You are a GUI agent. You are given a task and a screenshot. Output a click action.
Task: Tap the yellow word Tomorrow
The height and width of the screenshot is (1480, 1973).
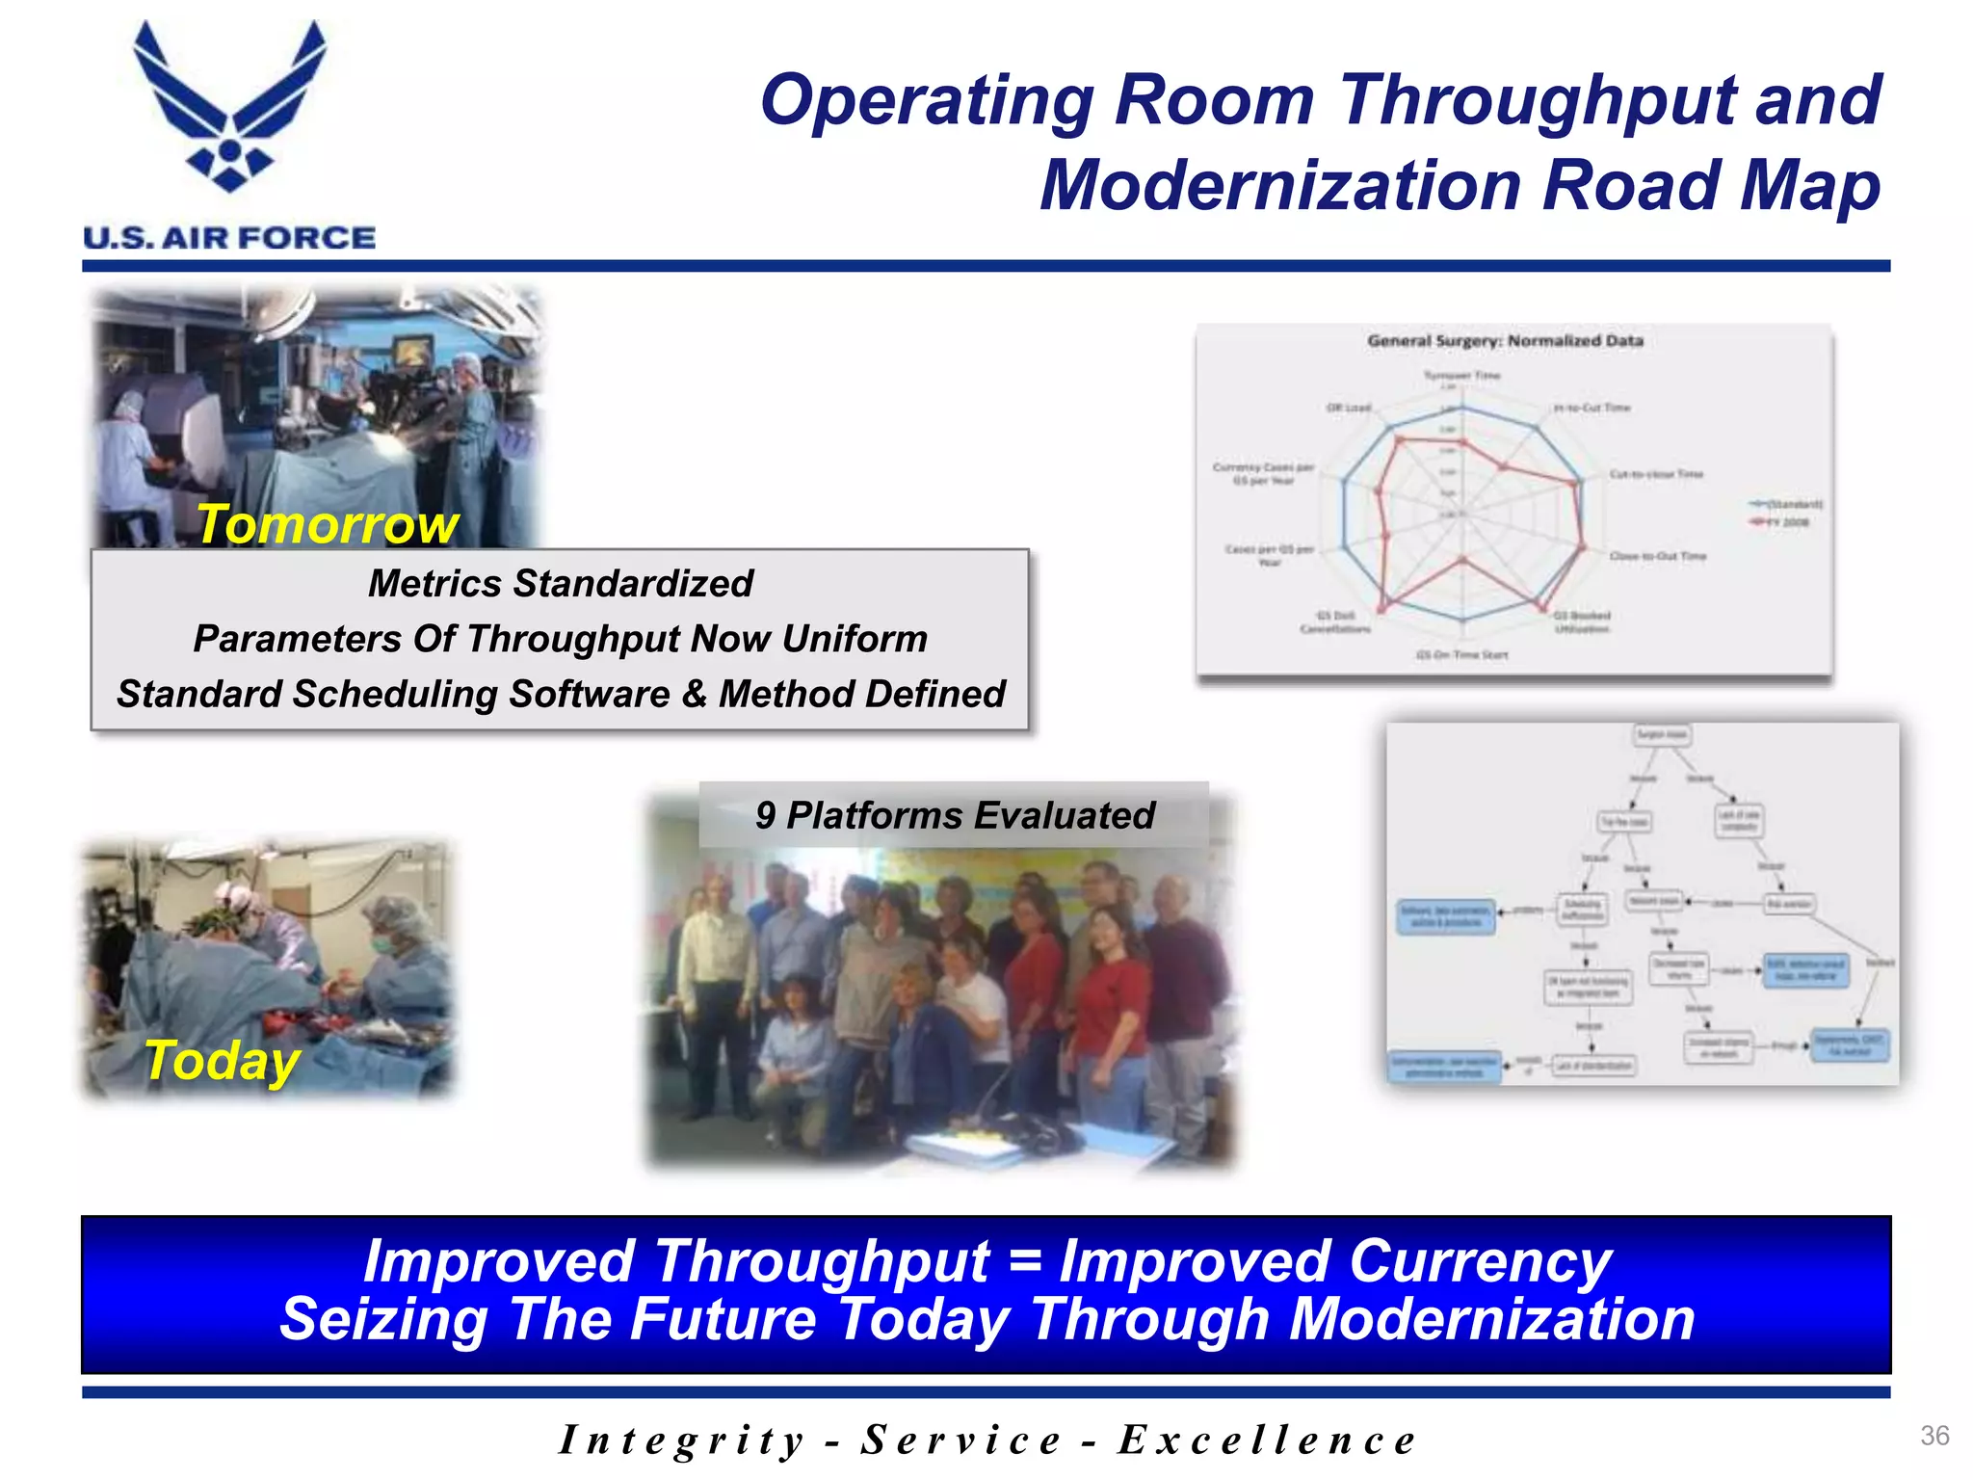pos(328,525)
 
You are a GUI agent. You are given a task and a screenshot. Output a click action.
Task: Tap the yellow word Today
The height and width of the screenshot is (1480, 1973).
pos(223,1061)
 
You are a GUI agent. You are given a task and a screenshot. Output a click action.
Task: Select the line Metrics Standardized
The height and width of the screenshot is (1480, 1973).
pos(560,584)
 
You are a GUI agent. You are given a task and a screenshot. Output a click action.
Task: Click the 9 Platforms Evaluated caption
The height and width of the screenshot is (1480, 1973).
pos(954,815)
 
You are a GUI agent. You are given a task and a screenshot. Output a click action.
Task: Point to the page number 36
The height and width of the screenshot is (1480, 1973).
pos(1934,1436)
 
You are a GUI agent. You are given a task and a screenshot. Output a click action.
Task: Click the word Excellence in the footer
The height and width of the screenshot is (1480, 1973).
pos(1267,1440)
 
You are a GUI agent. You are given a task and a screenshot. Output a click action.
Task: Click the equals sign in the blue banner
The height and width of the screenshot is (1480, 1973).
pos(1024,1261)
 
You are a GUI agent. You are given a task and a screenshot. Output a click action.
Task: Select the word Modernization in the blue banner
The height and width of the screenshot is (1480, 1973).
pos(1491,1319)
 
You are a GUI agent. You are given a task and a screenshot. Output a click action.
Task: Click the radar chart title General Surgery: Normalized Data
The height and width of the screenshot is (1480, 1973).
pos(1505,341)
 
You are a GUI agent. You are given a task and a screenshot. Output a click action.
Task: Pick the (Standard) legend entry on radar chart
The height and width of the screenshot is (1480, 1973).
pos(1788,504)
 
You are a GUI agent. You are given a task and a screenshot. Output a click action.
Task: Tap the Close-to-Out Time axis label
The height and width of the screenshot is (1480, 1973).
pos(1658,556)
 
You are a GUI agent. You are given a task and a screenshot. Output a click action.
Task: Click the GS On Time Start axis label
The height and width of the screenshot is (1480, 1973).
pos(1461,655)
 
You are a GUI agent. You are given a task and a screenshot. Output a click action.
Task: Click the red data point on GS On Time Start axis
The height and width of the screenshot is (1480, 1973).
pos(1462,559)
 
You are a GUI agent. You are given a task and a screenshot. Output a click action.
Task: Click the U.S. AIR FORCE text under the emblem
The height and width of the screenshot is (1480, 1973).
pos(229,238)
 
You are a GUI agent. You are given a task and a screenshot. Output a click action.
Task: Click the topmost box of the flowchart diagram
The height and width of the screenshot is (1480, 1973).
pos(1662,735)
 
